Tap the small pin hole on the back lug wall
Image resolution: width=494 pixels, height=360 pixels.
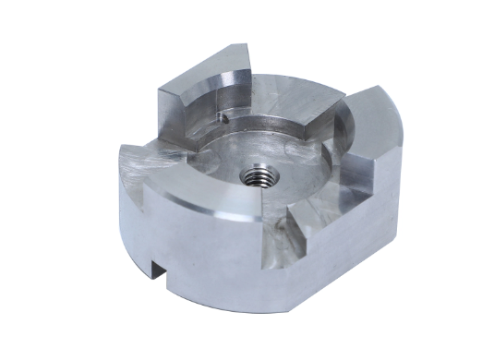coord(223,117)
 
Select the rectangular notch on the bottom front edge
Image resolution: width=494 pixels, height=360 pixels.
coord(159,272)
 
